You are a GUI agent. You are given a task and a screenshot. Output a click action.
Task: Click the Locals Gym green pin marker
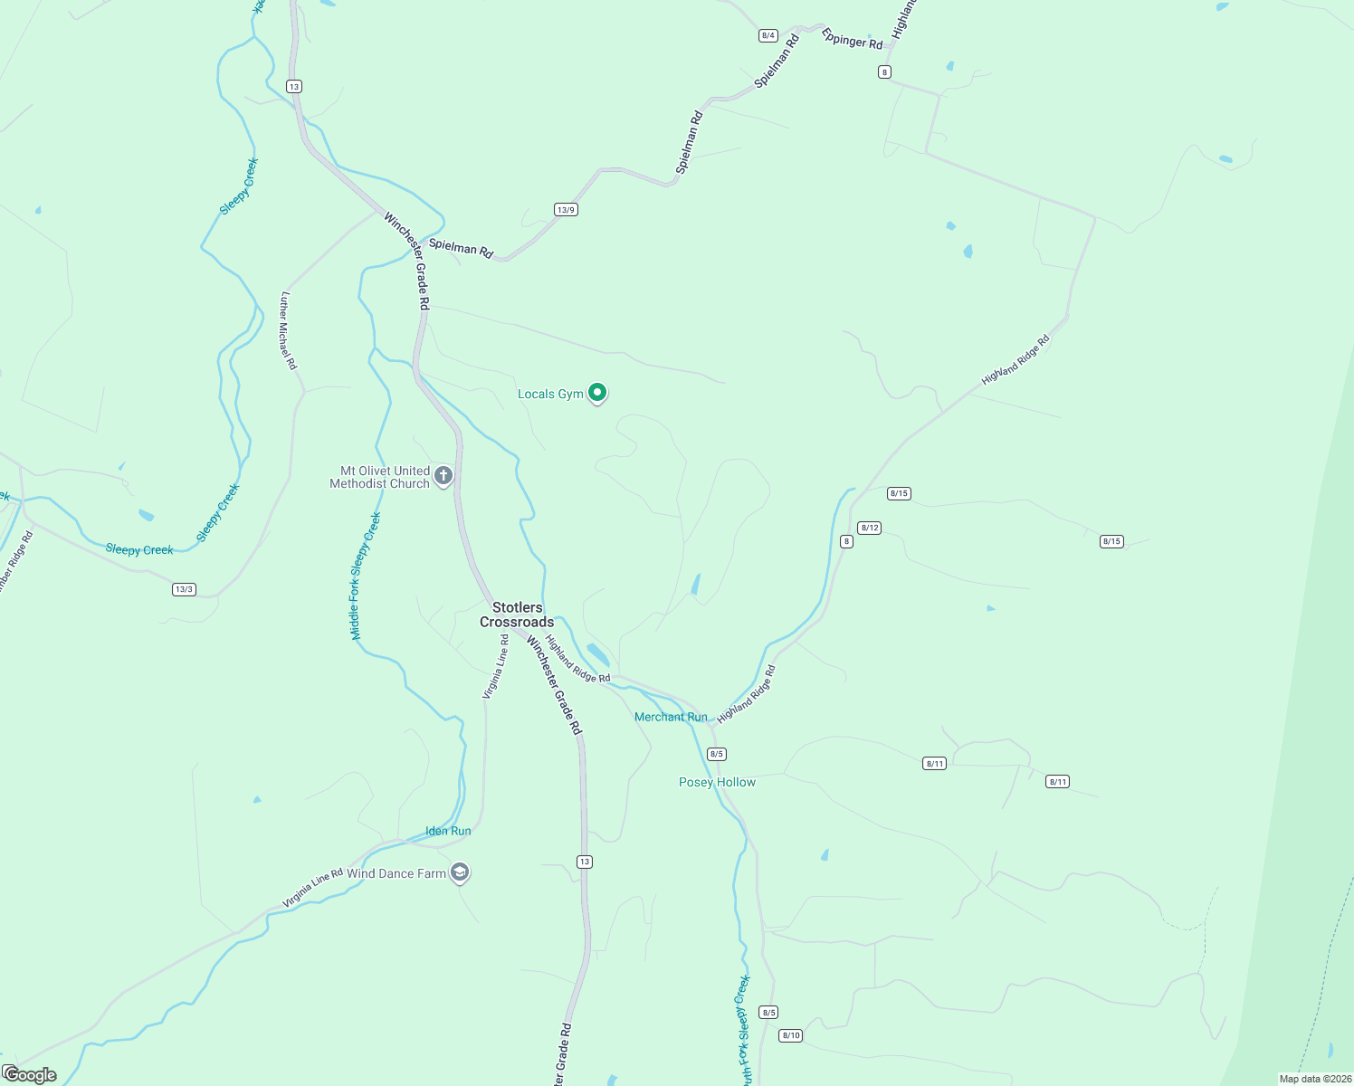tap(597, 393)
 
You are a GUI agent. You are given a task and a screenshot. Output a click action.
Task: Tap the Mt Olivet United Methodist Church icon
tap(443, 476)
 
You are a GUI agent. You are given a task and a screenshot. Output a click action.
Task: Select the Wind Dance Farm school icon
tap(460, 872)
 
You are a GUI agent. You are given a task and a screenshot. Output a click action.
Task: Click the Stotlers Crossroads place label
tap(517, 614)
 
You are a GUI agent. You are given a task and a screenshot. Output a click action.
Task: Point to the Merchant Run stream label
tap(671, 717)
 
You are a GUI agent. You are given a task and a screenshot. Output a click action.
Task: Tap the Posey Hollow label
tap(717, 782)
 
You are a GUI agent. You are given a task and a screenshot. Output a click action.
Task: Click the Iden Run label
tap(448, 831)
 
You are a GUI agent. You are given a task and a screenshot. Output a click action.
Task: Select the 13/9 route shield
tap(566, 210)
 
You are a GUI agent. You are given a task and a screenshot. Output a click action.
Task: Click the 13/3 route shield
tap(184, 589)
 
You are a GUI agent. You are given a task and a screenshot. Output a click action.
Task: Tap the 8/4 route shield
tap(768, 35)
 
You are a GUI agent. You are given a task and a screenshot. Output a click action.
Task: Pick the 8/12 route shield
tap(869, 528)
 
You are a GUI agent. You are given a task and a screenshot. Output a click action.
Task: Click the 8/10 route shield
tap(791, 1035)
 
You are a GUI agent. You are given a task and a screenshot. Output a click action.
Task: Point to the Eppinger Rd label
tap(852, 39)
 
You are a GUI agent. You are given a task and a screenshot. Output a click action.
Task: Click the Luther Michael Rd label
tap(288, 330)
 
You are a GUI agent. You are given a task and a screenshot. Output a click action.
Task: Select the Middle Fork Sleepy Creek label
tap(366, 576)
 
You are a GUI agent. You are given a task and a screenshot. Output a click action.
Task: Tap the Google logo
tap(30, 1075)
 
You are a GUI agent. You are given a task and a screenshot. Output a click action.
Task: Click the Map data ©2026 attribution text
tap(1314, 1079)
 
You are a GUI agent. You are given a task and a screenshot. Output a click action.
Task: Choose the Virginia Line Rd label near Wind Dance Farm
tap(312, 888)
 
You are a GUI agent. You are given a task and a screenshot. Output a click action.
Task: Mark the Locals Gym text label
tap(550, 394)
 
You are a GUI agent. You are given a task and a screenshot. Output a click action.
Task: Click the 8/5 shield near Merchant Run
tap(717, 754)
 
